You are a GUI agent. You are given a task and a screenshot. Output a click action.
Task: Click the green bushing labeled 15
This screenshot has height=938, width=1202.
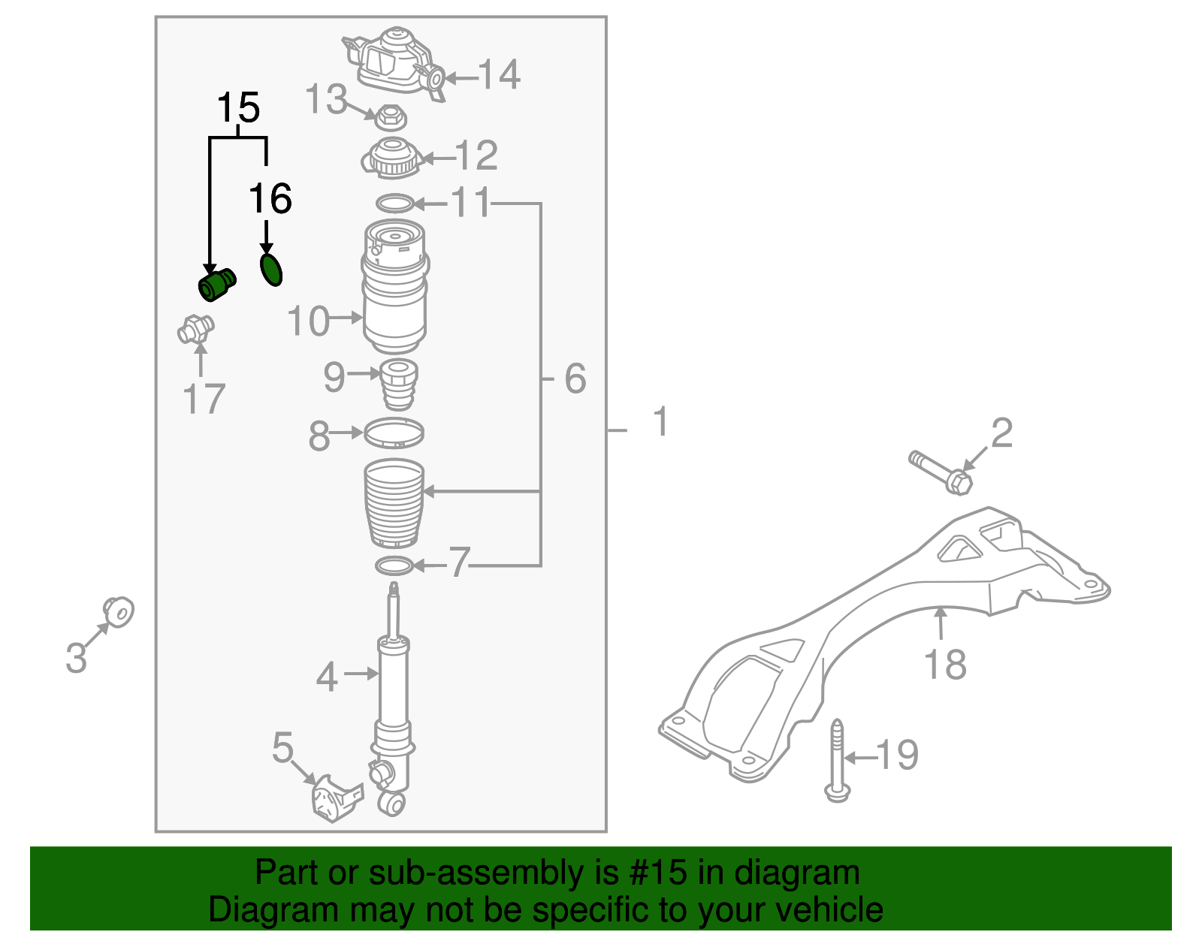[216, 285]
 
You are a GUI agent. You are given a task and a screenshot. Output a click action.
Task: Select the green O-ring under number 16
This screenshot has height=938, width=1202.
[271, 270]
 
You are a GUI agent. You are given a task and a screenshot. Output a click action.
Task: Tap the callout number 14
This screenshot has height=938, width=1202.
[499, 75]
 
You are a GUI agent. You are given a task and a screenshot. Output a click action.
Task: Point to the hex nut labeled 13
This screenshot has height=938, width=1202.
[389, 117]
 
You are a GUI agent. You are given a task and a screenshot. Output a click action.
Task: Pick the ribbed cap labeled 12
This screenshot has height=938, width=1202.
[391, 158]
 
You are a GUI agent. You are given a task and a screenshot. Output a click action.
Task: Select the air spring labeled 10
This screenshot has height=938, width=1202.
[394, 287]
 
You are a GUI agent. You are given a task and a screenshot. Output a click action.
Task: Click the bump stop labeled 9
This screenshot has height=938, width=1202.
[397, 383]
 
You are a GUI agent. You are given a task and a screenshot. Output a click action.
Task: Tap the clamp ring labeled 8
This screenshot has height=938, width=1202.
[394, 433]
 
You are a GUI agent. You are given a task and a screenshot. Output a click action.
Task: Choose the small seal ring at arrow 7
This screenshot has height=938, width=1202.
[394, 565]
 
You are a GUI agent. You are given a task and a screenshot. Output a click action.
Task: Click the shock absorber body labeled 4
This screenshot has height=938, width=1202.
[393, 683]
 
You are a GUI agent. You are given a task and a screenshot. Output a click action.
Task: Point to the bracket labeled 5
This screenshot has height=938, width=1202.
[335, 798]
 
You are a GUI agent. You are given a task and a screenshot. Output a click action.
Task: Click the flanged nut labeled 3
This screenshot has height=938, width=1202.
[119, 612]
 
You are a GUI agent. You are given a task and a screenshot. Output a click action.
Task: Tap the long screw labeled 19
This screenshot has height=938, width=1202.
[837, 759]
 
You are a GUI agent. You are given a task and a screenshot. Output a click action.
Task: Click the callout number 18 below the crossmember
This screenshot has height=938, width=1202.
[945, 665]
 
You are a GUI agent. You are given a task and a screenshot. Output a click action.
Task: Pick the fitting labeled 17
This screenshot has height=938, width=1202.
[196, 329]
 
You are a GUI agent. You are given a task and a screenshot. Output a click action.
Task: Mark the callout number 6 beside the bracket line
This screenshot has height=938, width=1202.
[575, 379]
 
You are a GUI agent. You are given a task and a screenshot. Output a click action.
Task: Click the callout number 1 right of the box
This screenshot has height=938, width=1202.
[660, 421]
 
